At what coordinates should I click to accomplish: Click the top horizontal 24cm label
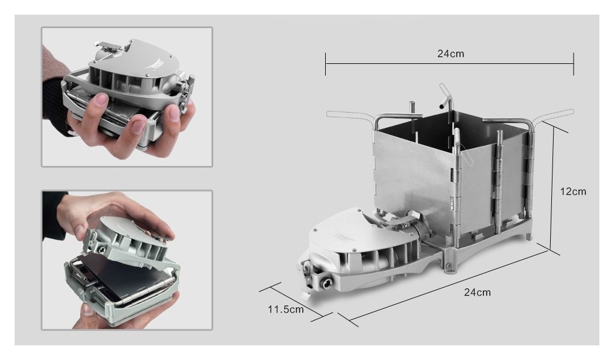[x=451, y=54]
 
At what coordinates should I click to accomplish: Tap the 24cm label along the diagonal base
[x=477, y=292]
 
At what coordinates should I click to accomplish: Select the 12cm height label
[x=573, y=192]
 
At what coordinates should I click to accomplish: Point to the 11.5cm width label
[x=285, y=309]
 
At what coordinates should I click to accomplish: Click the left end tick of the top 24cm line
[x=325, y=64]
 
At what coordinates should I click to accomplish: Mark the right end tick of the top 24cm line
[x=573, y=64]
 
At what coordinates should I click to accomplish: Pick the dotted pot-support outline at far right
[x=556, y=115]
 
